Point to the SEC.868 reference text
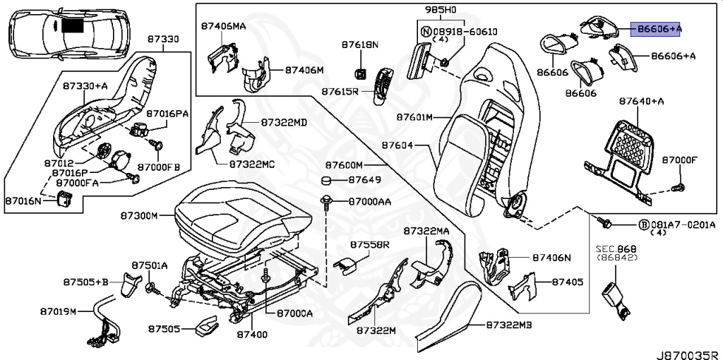pyautogui.click(x=616, y=249)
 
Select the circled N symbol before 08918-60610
pyautogui.click(x=426, y=31)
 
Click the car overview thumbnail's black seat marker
pyautogui.click(x=72, y=26)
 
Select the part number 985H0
pyautogui.click(x=442, y=11)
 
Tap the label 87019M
pyautogui.click(x=57, y=311)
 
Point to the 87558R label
pyautogui.click(x=369, y=244)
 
